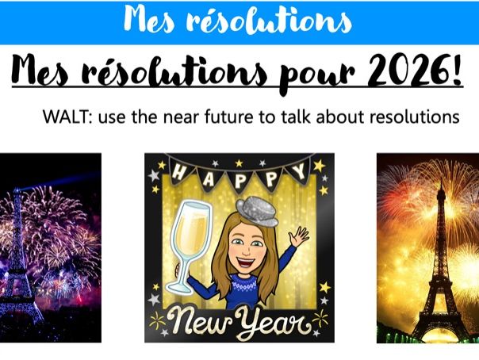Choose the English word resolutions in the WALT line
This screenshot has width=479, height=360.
(x=418, y=117)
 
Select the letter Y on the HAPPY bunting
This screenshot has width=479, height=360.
(x=301, y=171)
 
